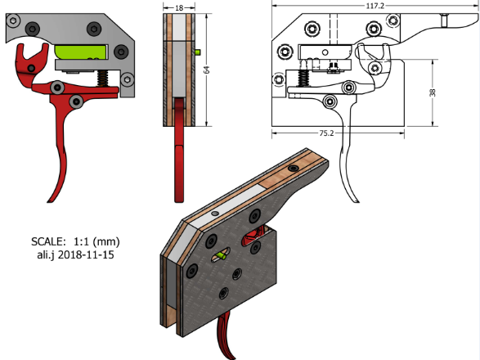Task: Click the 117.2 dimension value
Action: [375, 6]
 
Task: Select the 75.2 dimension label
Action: [326, 133]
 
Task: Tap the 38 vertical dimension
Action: [433, 92]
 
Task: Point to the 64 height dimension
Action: [207, 70]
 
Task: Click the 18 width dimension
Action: [179, 7]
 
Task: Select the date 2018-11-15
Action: [86, 254]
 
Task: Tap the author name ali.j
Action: [46, 255]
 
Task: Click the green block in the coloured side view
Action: [81, 52]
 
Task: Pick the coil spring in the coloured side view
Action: [102, 79]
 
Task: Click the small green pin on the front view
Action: [198, 52]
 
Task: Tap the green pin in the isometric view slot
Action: [222, 255]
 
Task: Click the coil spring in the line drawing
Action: [303, 78]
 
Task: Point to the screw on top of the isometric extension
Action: [294, 169]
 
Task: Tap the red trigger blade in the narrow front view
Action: [179, 150]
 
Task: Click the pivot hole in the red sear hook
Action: [31, 68]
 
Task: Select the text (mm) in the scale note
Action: [106, 241]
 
